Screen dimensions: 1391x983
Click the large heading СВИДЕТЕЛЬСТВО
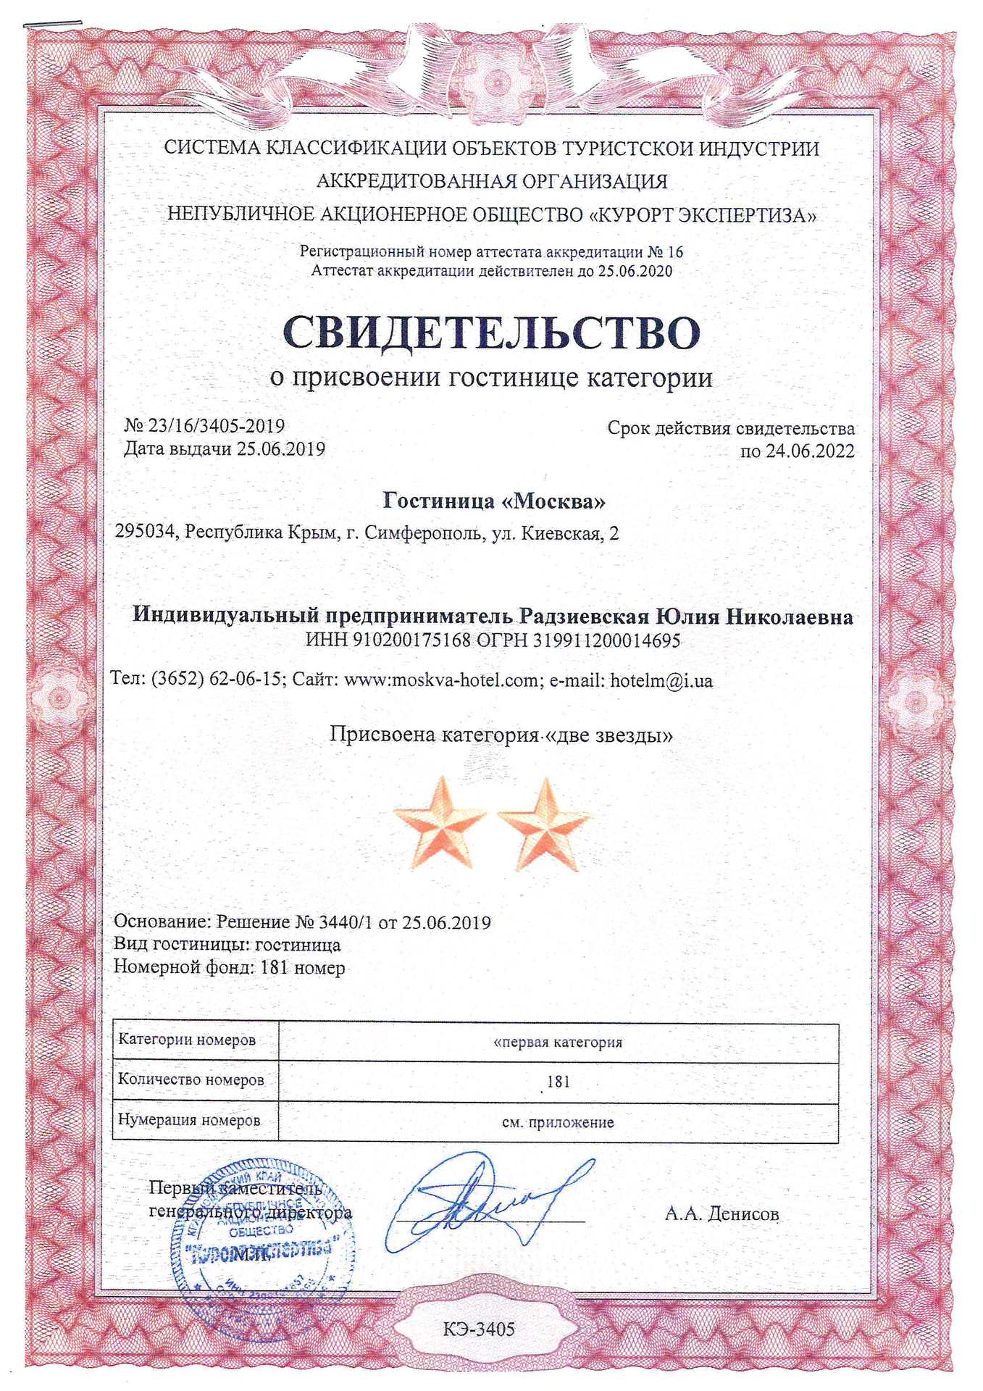[x=491, y=333]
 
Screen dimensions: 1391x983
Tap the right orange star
[x=544, y=824]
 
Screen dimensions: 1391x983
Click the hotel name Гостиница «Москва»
[x=494, y=501]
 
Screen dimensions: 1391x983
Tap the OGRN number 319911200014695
[x=606, y=640]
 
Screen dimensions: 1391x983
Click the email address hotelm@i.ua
[x=661, y=680]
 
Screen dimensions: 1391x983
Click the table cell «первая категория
[x=558, y=1043]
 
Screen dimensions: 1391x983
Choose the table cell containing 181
[x=558, y=1082]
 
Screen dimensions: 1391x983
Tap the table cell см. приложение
[x=558, y=1122]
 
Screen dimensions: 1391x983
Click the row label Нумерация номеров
[x=189, y=1120]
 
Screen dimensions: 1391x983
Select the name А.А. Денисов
[x=721, y=1214]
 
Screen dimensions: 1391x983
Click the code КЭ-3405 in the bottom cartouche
[x=479, y=1329]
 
